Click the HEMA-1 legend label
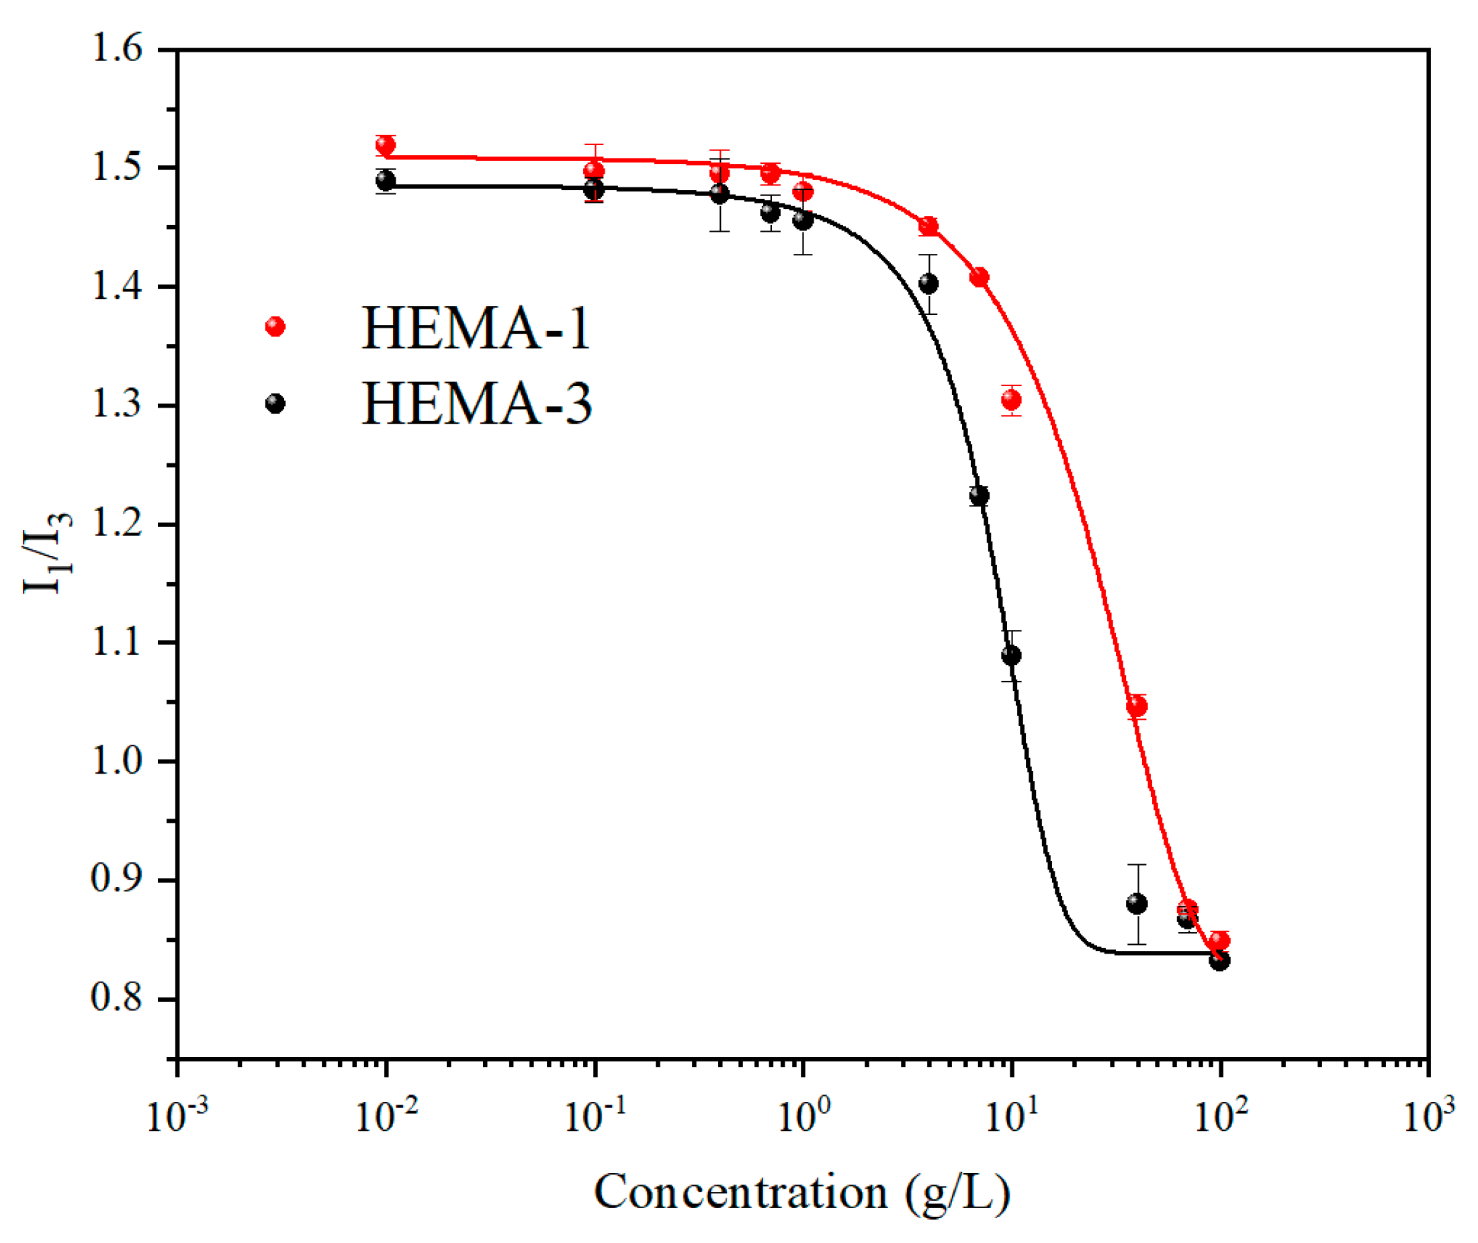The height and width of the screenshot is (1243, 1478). [476, 328]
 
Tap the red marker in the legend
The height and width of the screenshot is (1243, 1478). [275, 326]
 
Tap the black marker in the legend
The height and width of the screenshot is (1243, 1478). [275, 404]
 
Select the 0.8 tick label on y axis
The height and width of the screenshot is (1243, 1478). [116, 999]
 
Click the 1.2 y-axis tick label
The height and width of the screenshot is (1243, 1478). [116, 524]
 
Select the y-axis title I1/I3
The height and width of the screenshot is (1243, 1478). [47, 553]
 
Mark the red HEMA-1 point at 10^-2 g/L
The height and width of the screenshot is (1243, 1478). [386, 146]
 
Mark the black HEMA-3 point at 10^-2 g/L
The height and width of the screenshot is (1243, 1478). [386, 181]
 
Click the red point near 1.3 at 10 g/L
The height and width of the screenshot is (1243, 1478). [1011, 400]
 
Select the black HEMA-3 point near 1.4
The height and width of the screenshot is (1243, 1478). [929, 284]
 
